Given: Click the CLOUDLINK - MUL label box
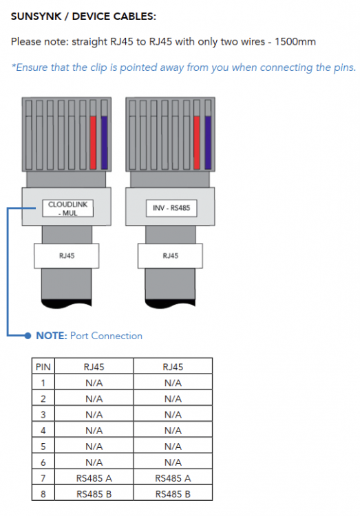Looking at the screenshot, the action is [68, 208].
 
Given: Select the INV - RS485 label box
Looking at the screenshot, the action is [171, 208].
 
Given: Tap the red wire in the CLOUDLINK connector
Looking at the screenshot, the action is [93, 142].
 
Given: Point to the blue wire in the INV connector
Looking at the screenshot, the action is [208, 142].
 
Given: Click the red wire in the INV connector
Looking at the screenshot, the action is [197, 142].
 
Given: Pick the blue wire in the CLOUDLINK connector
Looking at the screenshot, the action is [104, 142].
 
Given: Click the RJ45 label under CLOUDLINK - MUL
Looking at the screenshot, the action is [67, 256].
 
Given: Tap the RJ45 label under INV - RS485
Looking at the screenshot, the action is [170, 256].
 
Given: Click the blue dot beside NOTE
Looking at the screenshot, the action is [28, 336].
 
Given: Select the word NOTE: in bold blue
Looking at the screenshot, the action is [52, 336].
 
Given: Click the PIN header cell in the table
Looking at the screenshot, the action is [43, 367].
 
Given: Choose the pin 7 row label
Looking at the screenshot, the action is [43, 478].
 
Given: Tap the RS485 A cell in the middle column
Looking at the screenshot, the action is [94, 478].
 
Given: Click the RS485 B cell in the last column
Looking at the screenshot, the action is [173, 494].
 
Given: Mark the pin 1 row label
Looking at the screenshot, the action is [43, 383].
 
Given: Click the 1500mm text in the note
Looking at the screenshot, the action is [295, 42].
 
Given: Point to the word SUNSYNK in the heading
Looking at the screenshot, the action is [36, 16].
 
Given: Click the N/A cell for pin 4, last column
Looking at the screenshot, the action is [173, 431].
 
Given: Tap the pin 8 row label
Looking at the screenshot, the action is [43, 494].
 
